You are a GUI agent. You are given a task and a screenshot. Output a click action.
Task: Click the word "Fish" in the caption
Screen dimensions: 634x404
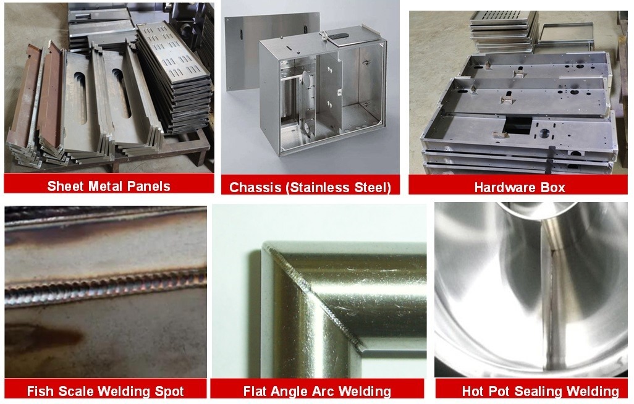coord(39,392)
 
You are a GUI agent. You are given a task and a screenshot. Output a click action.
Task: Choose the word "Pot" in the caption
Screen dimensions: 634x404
coord(496,392)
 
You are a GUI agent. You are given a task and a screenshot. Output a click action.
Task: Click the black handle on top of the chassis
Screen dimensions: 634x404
coord(339,36)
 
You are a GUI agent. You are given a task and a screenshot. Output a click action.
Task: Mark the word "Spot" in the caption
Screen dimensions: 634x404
coord(169,392)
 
